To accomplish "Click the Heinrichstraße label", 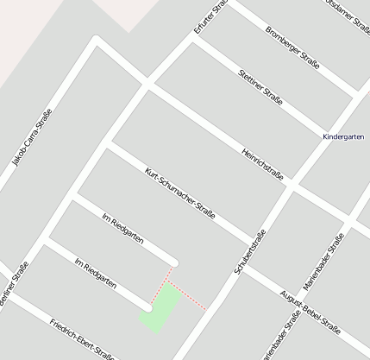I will (264, 162).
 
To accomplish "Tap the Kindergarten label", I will (343, 137).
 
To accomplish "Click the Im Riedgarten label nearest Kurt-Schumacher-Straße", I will (122, 228).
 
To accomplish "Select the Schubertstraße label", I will (250, 251).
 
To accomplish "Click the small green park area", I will (161, 309).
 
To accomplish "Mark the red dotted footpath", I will (186, 293).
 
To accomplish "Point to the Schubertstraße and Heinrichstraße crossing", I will (292, 184).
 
